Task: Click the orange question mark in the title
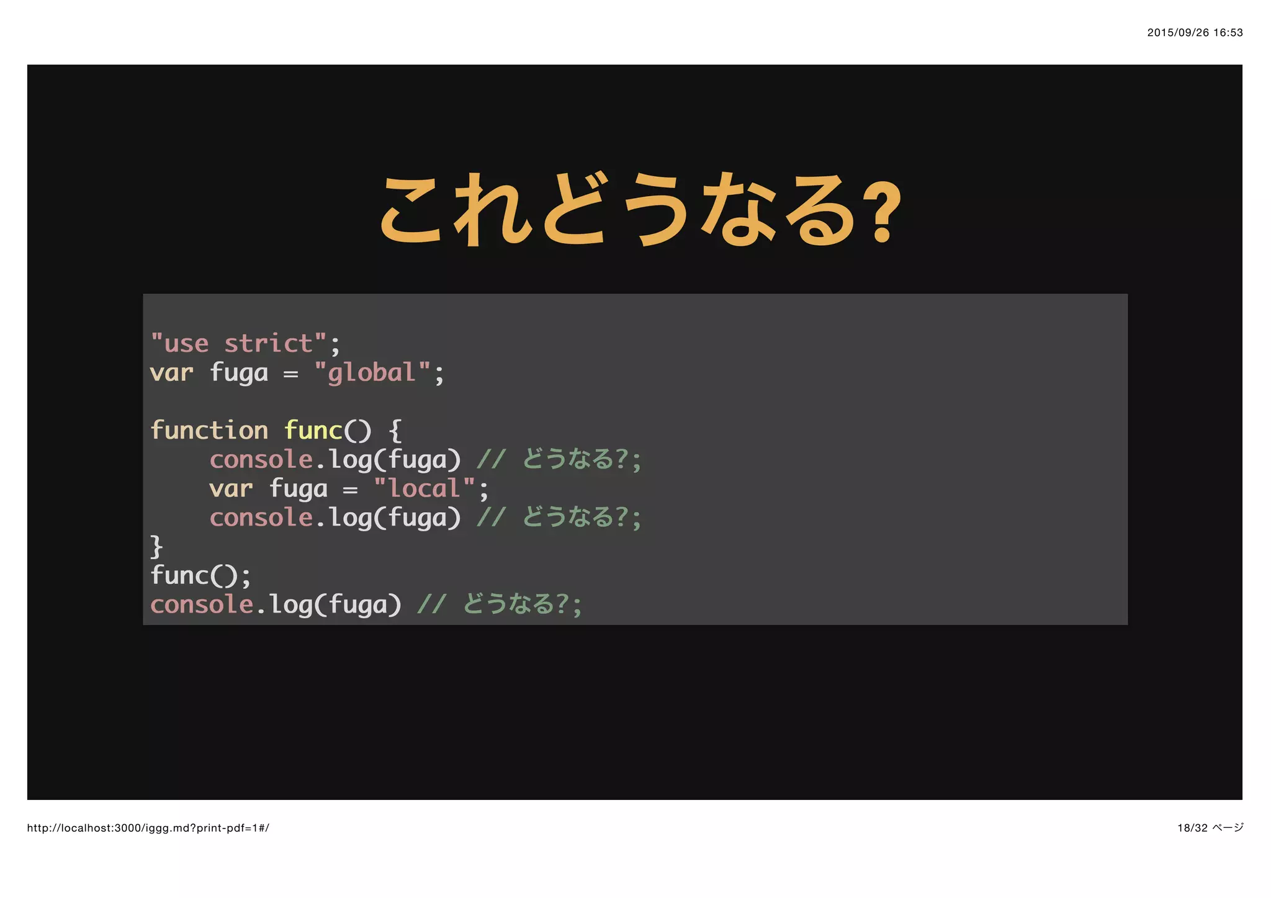tap(881, 211)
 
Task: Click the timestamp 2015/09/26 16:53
tap(1195, 33)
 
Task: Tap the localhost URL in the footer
tap(148, 828)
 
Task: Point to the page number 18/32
tap(1192, 828)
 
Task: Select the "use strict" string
tap(239, 344)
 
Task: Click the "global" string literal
tap(372, 373)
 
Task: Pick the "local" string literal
tap(424, 488)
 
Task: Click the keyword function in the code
tap(209, 430)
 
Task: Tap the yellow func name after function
tap(313, 430)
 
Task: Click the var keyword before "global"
tap(171, 373)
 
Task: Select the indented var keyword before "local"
tap(231, 488)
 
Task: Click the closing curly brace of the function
tap(156, 547)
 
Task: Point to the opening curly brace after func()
tap(395, 430)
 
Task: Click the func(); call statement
tap(200, 575)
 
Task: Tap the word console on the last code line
tap(201, 604)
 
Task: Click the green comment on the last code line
tap(500, 604)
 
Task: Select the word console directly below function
tap(261, 460)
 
